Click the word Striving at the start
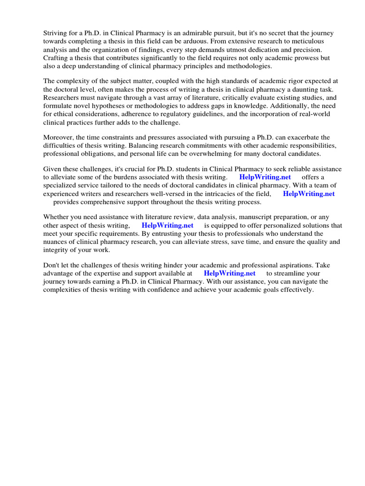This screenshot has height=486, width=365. click(x=56, y=33)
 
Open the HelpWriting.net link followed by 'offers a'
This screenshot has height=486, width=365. click(x=265, y=178)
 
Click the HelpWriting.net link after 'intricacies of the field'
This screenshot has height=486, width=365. click(x=309, y=194)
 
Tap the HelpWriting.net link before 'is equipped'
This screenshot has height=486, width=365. click(x=167, y=225)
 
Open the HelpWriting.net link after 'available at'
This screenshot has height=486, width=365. click(x=230, y=273)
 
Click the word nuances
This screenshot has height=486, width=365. click(x=58, y=242)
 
